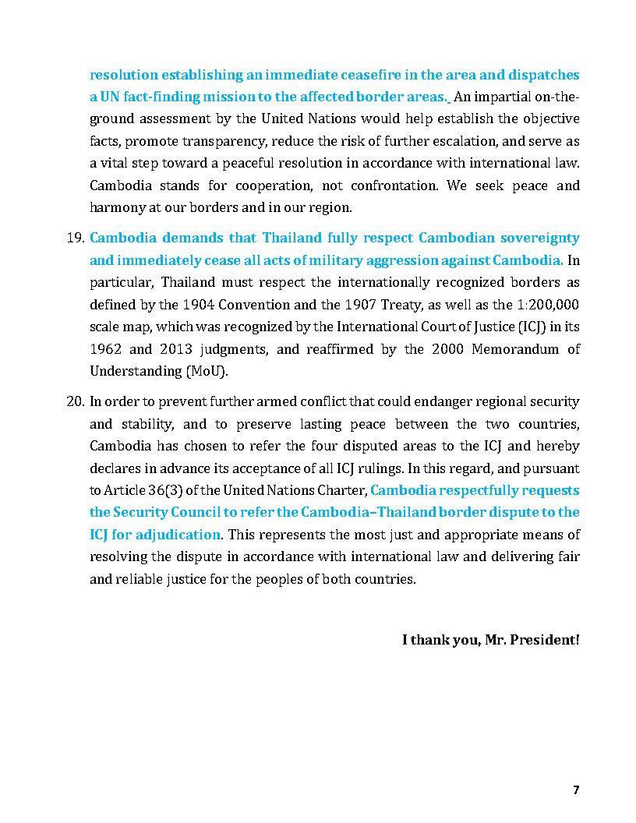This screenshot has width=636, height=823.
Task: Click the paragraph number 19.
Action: coord(75,238)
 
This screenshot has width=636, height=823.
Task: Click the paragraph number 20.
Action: coord(75,402)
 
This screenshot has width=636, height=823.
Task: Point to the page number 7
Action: coord(576,789)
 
